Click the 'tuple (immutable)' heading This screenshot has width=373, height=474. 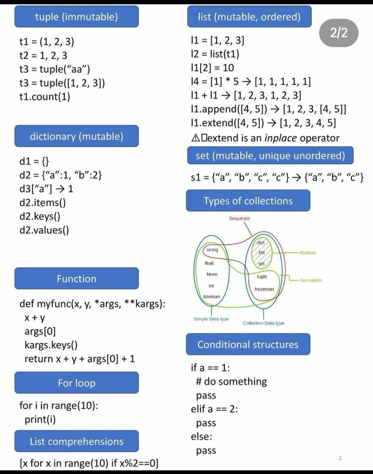coord(76,17)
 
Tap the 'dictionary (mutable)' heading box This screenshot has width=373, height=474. coord(76,137)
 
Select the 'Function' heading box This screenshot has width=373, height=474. coord(76,279)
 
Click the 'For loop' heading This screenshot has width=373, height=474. coord(76,383)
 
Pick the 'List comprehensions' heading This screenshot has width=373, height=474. coord(76,441)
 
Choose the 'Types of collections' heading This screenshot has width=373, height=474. coord(248,201)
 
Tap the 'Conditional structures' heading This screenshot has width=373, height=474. coord(248,344)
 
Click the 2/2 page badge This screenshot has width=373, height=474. coord(339,33)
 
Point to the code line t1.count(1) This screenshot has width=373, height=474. coord(45,96)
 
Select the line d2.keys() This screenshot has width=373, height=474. coord(39,216)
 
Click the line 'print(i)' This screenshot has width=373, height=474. coord(40,419)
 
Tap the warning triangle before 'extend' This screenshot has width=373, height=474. coord(195,138)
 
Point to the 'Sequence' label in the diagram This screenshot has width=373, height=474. coord(239,218)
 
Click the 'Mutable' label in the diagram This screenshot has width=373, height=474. coord(308,252)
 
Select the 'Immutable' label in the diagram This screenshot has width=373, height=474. coord(311,280)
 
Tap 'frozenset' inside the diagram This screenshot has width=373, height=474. coord(264,289)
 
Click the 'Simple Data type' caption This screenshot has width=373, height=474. coord(211,319)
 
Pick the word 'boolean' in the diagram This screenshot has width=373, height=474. coord(212,296)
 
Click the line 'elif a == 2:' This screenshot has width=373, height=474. coord(214,409)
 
